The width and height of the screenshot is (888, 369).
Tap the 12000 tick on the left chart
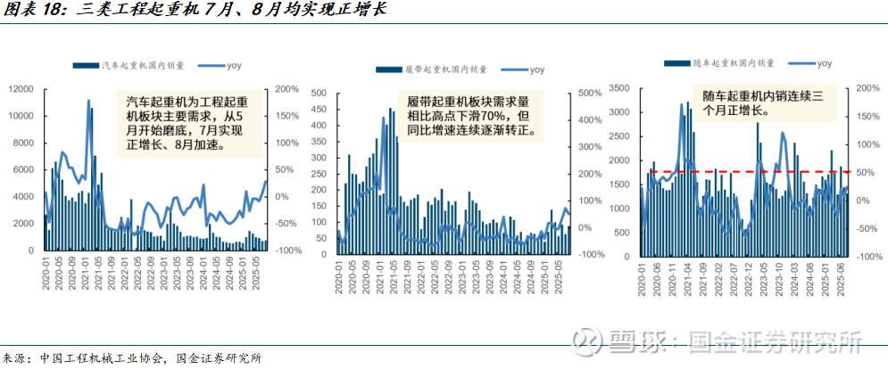(x=21, y=89)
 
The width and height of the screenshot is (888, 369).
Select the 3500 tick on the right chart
(x=618, y=88)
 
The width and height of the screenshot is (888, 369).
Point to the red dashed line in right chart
(x=750, y=171)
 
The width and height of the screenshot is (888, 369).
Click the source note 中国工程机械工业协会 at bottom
(x=103, y=358)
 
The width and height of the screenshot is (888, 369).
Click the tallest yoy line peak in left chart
(x=88, y=101)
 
